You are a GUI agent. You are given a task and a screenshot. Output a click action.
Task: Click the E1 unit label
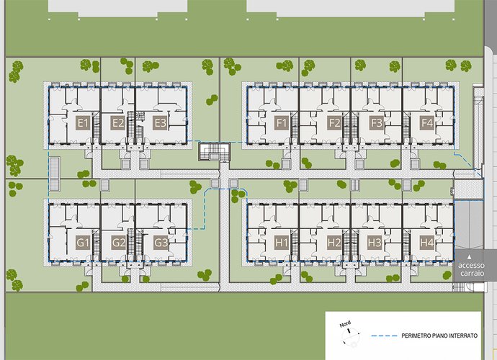pos(83,122)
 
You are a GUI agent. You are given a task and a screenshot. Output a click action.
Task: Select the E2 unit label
pos(118,122)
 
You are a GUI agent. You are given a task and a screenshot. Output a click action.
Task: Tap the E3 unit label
pos(159,122)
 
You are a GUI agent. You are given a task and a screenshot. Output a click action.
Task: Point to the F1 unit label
pos(282,122)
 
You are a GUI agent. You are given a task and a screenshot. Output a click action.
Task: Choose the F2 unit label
pos(334,122)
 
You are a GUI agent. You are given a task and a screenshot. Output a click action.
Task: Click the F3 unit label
pos(377,122)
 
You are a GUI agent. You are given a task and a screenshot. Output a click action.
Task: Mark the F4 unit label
pos(426,122)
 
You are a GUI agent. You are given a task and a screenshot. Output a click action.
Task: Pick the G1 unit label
pos(83,243)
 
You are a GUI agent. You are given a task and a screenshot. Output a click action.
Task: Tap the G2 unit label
pos(119,243)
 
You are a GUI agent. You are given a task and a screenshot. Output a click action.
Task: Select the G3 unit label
pos(161,243)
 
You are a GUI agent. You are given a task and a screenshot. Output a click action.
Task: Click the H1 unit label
pos(282,243)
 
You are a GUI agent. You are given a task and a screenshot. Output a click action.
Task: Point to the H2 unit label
pos(334,243)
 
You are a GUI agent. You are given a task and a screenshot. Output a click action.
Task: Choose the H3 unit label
pos(375,243)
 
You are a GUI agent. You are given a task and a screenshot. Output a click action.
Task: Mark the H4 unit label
pos(426,243)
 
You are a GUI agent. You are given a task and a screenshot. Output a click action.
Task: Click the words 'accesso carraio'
pos(471,269)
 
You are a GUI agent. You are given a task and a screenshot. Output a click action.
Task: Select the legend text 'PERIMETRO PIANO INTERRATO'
pos(439,336)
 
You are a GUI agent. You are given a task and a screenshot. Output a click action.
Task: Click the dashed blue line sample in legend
pos(385,336)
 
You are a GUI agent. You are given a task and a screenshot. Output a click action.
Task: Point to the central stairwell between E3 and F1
pos(214,152)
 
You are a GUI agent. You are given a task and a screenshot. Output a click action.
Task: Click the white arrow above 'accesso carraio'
pos(470,257)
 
